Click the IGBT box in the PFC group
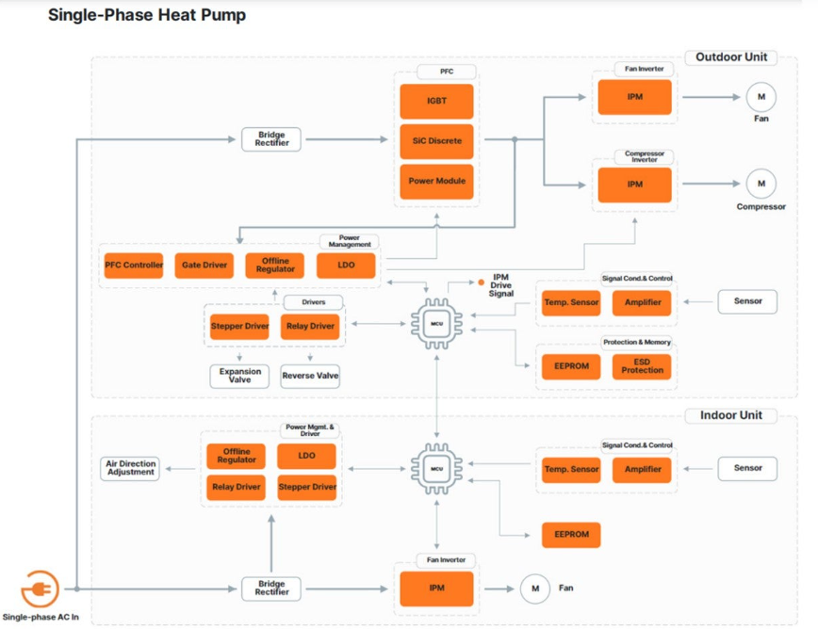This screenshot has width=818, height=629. pyautogui.click(x=436, y=102)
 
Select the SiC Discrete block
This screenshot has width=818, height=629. pyautogui.click(x=436, y=141)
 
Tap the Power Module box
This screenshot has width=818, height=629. pyautogui.click(x=436, y=181)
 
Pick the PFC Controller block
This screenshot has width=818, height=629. pyautogui.click(x=133, y=266)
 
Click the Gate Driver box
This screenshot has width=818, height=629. pyautogui.click(x=204, y=266)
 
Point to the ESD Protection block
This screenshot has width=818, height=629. pyautogui.click(x=642, y=365)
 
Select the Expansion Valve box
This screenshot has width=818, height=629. pyautogui.click(x=239, y=376)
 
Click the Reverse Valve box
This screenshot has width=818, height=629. pyautogui.click(x=310, y=376)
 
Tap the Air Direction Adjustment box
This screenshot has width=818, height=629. pyautogui.click(x=130, y=468)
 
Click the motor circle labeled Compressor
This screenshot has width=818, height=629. pyautogui.click(x=761, y=184)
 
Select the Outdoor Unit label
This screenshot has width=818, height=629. pyautogui.click(x=730, y=57)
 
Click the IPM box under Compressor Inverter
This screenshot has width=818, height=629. pyautogui.click(x=634, y=185)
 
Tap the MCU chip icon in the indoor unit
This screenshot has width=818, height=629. pyautogui.click(x=436, y=468)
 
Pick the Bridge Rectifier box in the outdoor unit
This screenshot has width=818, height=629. pyautogui.click(x=270, y=140)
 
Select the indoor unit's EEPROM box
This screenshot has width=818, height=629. pyautogui.click(x=571, y=534)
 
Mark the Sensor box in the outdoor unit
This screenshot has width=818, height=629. pyautogui.click(x=747, y=301)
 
